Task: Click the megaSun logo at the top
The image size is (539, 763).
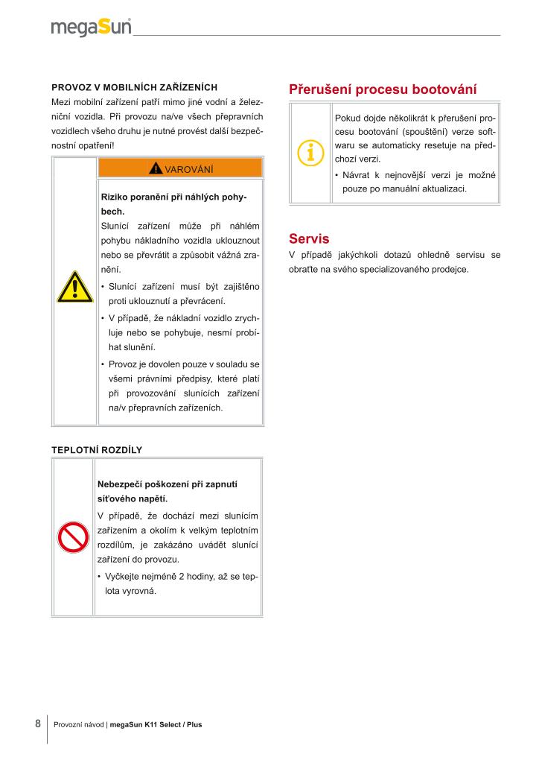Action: coord(92,28)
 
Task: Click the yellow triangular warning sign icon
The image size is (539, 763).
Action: coord(74,288)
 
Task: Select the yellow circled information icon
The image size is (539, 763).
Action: coord(310,153)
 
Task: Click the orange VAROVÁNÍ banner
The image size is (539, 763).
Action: coord(180,168)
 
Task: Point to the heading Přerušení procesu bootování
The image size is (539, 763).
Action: coord(383,89)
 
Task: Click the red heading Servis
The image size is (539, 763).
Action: coord(309,238)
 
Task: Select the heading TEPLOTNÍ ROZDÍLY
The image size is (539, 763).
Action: coord(97,450)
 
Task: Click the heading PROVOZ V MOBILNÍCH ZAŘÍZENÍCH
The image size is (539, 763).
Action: coord(134,87)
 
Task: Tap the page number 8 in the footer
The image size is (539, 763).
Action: coord(37,723)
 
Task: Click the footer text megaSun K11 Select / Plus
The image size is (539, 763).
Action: coord(156,724)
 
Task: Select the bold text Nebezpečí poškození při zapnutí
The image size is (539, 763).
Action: coord(168,484)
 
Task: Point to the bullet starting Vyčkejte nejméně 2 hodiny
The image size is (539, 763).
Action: coord(179,583)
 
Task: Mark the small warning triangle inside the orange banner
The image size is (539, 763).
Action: coord(156,168)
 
